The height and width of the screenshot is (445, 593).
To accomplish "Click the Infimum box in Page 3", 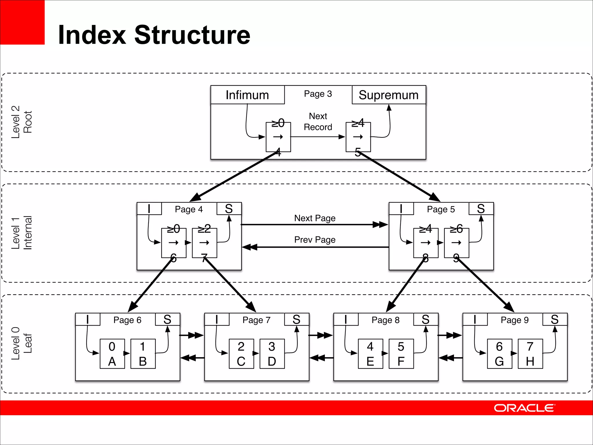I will click(x=248, y=95).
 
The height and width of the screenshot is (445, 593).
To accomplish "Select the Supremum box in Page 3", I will click(x=389, y=95).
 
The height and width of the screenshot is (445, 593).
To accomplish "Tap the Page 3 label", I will click(x=318, y=94).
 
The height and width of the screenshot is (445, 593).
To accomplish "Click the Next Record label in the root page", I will click(x=318, y=122).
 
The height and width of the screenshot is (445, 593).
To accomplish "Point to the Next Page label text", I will click(x=315, y=218).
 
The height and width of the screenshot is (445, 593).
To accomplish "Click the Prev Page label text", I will click(x=315, y=240).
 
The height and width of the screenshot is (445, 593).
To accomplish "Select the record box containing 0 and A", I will click(x=112, y=354).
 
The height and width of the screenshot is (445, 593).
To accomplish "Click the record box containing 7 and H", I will click(x=530, y=354).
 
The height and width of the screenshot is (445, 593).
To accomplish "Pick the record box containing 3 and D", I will click(x=272, y=354).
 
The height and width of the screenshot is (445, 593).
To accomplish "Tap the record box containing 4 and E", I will click(x=370, y=354).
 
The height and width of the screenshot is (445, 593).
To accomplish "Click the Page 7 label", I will click(x=257, y=320).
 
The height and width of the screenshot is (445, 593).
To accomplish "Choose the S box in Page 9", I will click(x=554, y=319).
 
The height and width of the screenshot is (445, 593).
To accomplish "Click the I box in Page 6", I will click(x=88, y=319).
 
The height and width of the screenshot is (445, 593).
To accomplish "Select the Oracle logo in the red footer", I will click(x=524, y=408).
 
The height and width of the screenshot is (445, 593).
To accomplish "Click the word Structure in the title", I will click(x=192, y=35).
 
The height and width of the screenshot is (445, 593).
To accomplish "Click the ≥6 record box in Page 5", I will click(x=456, y=243).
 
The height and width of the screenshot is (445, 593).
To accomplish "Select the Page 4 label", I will click(x=189, y=209).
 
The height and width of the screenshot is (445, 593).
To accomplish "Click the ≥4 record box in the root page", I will click(x=358, y=137).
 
